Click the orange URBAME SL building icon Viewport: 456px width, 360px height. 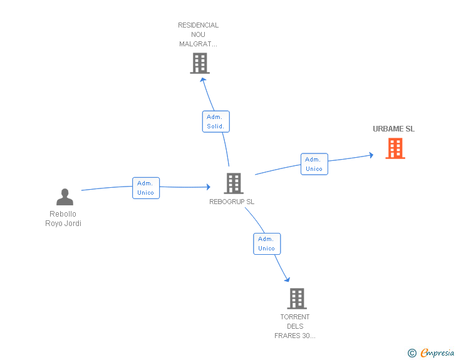point(395,148)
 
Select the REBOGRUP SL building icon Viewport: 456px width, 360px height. point(233,183)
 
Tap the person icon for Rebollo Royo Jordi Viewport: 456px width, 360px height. point(65,197)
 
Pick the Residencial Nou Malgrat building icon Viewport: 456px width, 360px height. point(199,63)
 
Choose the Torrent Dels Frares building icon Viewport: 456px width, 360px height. point(296,299)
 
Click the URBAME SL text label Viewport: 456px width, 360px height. point(393,129)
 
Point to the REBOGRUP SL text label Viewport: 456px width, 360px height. point(232,202)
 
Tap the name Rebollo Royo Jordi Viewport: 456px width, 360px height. point(64,219)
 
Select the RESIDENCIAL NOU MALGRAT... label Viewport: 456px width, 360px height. point(199,35)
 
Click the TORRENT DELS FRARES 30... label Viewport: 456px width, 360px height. point(295,326)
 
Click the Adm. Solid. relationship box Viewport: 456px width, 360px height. point(216,121)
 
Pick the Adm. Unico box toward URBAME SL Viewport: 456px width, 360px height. point(314,164)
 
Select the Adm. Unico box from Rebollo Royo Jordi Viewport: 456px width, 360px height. point(146,188)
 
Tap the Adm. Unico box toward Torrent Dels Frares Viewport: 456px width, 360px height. point(267,244)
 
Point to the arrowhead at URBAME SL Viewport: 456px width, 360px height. point(371,155)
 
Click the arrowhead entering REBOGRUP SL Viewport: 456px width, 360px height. point(207,187)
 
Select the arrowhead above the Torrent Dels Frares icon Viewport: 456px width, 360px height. point(288,279)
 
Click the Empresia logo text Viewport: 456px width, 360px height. point(437,353)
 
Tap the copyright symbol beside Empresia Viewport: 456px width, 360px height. point(412,354)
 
